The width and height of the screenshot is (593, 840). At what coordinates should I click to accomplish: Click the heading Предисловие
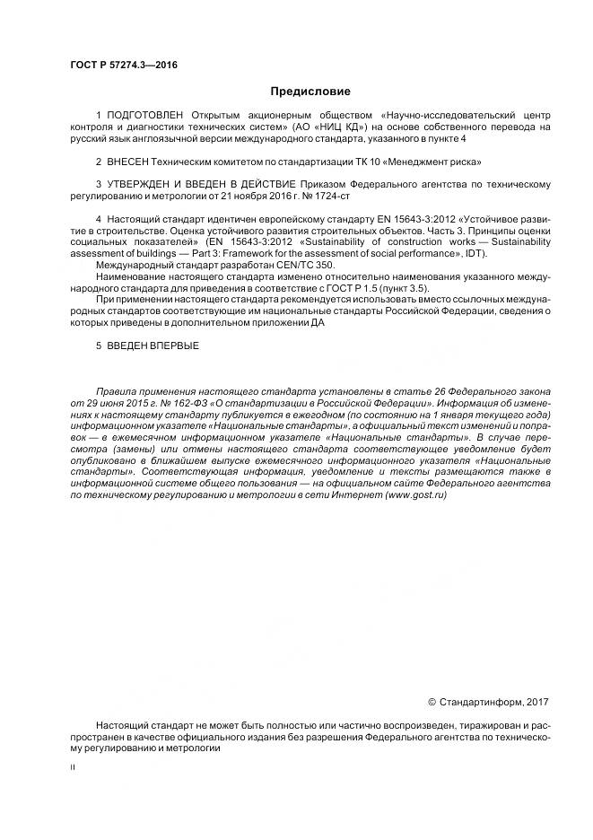[310, 91]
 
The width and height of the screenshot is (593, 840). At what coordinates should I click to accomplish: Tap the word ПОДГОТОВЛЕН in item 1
[144, 116]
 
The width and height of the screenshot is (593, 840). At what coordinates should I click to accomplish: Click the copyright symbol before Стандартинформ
[432, 703]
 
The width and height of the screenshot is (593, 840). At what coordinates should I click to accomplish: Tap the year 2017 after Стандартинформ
[534, 703]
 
